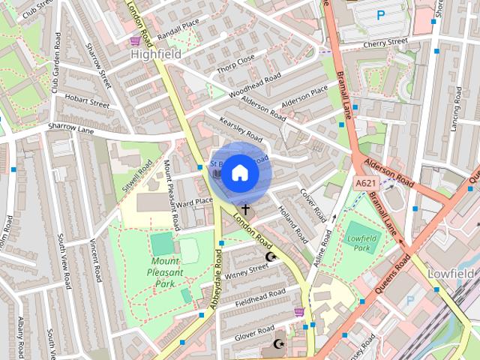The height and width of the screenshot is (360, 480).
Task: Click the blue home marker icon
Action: click(x=239, y=173)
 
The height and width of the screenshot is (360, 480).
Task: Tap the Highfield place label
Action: click(x=157, y=54)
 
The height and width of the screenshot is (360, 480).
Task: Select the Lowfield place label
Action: click(x=452, y=274)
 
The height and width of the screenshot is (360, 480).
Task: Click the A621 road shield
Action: click(x=365, y=183)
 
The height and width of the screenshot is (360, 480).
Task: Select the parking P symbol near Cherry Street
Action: click(x=380, y=14)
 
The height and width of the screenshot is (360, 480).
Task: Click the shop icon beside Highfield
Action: click(x=135, y=41)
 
